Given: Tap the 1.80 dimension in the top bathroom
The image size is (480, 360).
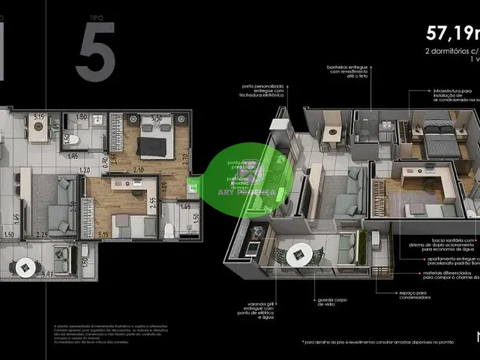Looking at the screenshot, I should pyautogui.click(x=82, y=118).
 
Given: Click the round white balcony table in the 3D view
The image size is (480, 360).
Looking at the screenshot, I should pyautogui.click(x=298, y=254).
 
